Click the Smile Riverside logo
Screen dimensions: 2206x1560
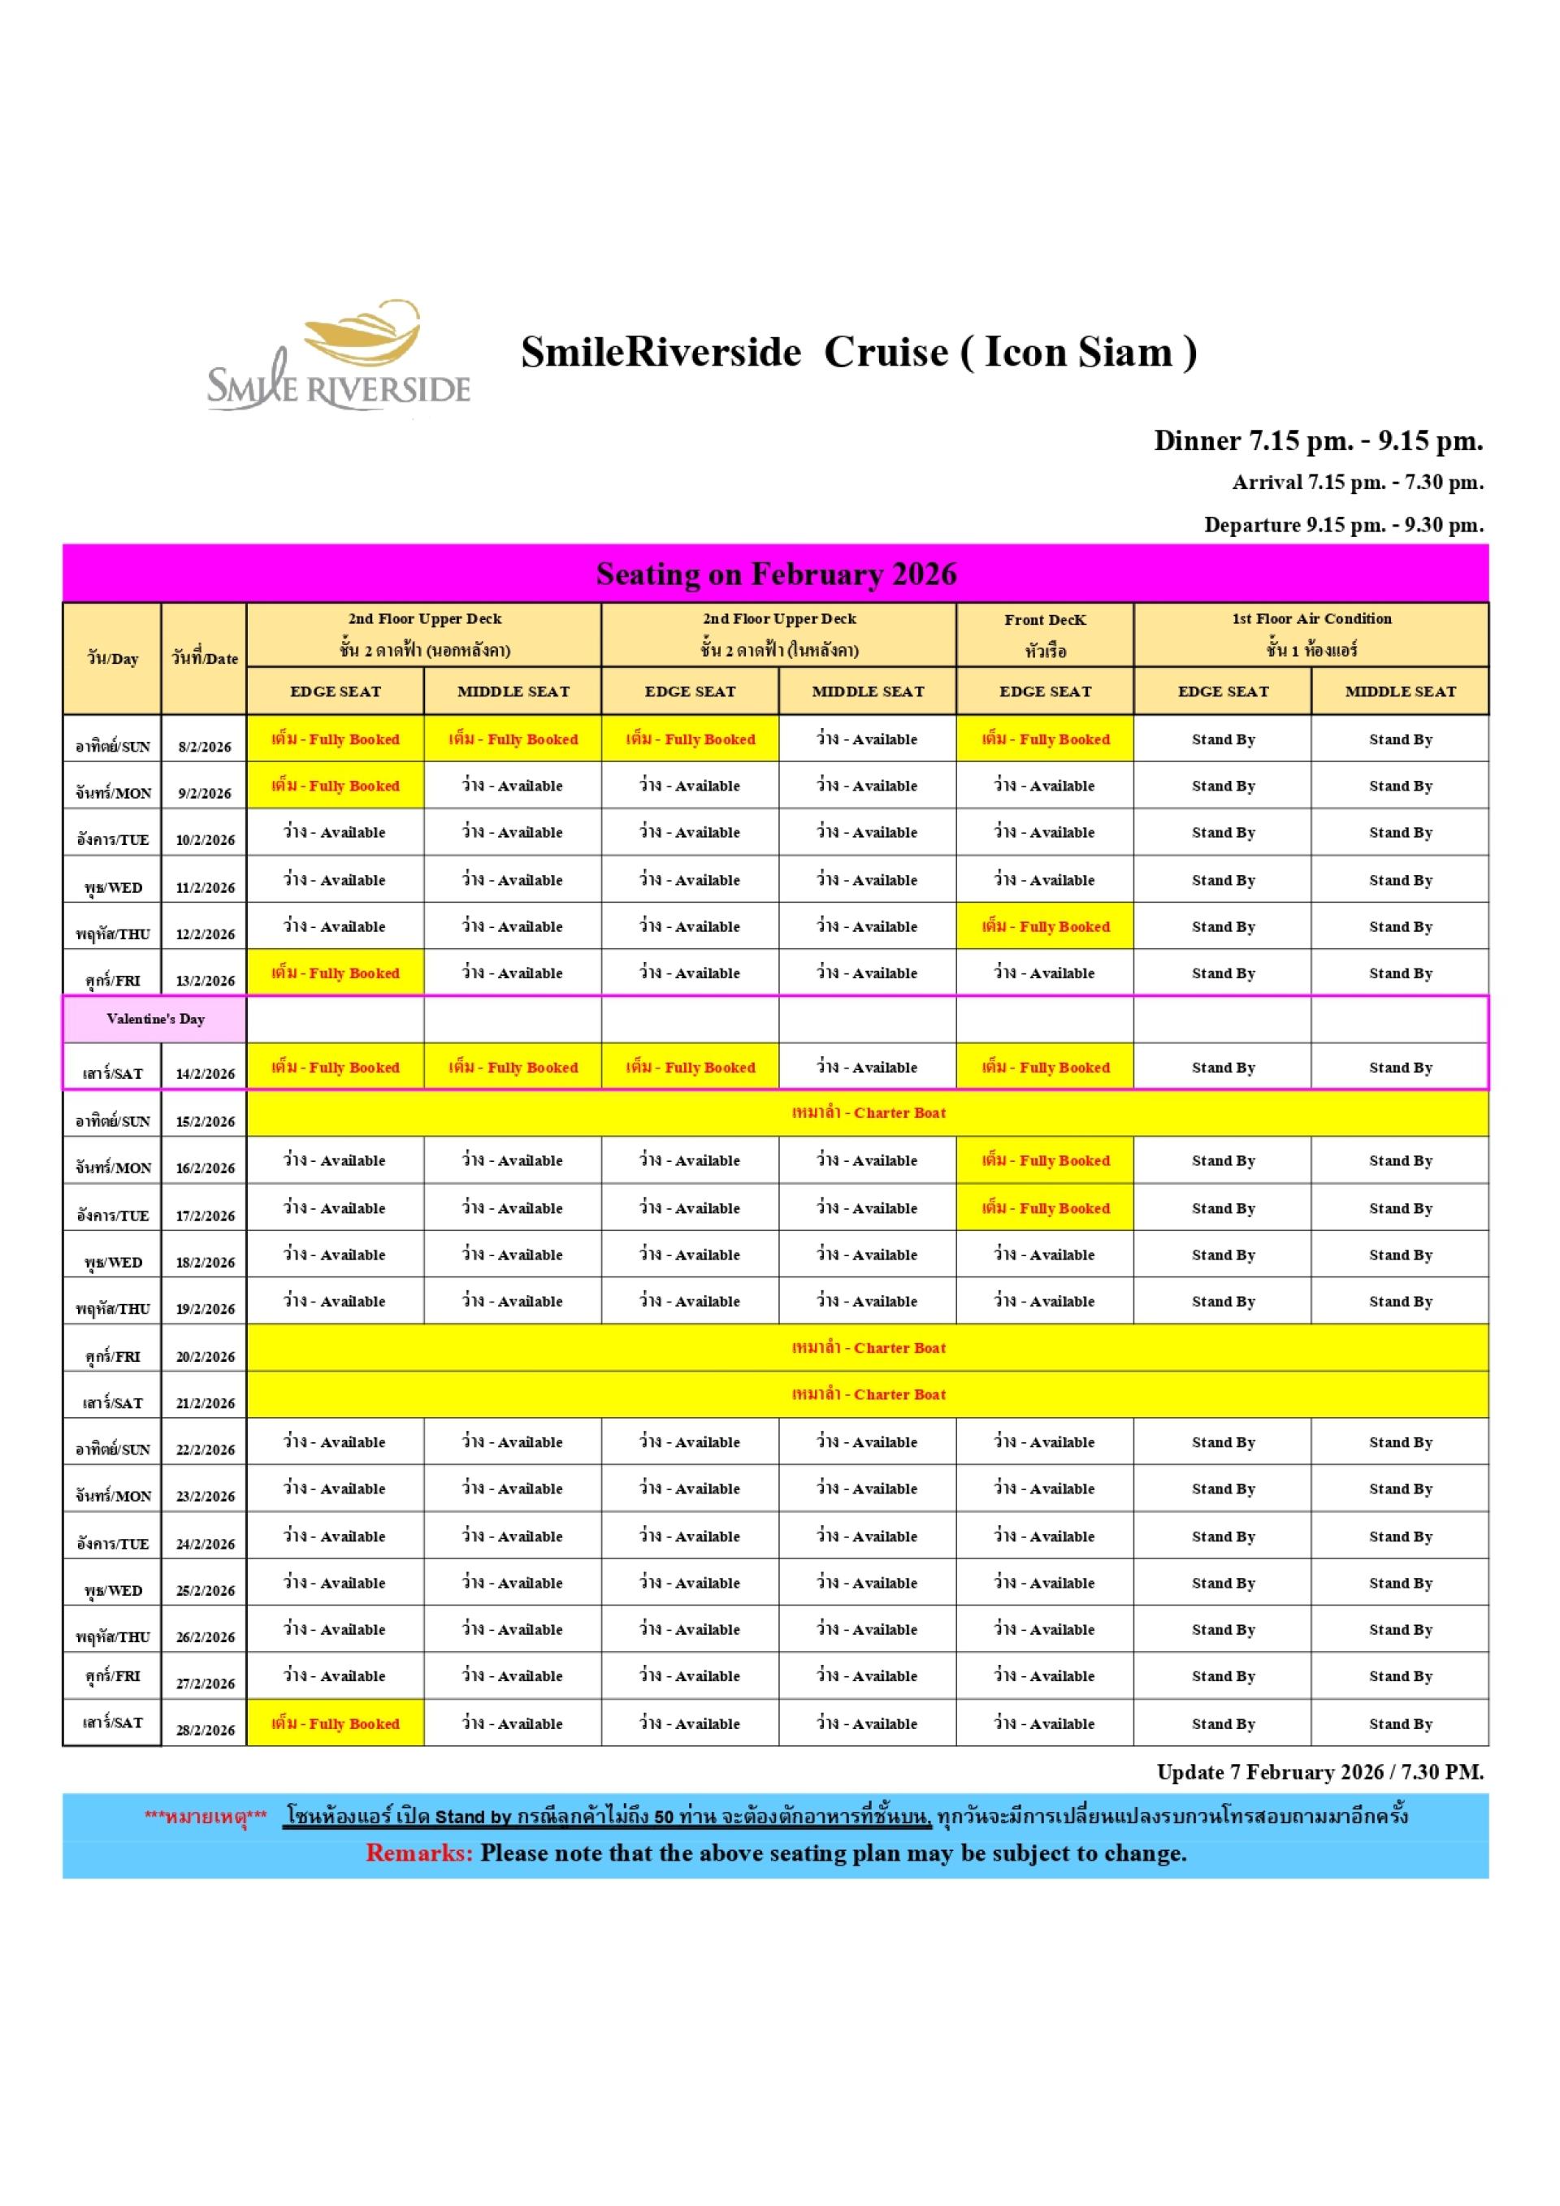coord(338,358)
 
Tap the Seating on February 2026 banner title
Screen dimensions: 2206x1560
coord(776,574)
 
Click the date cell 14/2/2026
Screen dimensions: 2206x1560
coord(205,1073)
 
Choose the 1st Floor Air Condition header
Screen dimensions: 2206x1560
coord(1311,620)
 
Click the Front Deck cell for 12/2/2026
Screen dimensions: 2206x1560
coord(1044,927)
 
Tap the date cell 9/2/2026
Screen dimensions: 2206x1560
coord(205,793)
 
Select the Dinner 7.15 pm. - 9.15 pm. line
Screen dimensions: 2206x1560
coord(1318,441)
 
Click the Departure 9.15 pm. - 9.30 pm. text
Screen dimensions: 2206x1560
coord(1343,525)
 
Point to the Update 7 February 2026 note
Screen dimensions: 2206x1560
coord(1319,1772)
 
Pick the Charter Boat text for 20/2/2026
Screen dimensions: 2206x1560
coord(869,1348)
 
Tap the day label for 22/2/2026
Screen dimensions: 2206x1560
coord(112,1449)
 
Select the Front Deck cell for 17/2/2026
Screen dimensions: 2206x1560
coord(1044,1209)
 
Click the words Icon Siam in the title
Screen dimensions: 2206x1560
coord(1079,353)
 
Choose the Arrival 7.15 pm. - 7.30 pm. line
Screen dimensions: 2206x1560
coord(1358,483)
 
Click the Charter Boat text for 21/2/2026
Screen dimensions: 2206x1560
coord(869,1394)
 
